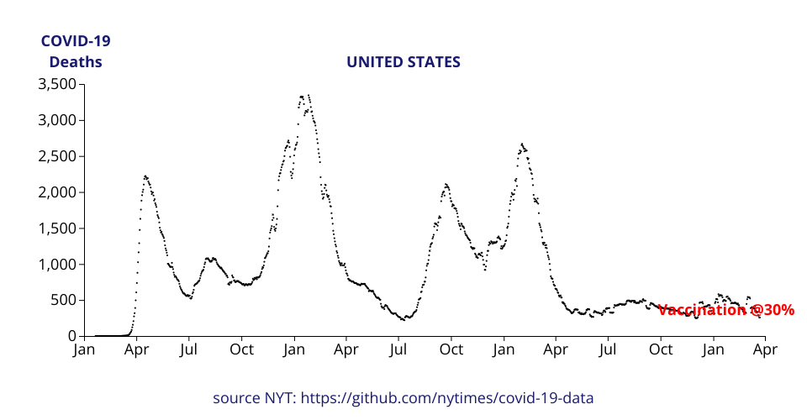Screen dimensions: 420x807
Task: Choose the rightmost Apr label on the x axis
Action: tap(765, 349)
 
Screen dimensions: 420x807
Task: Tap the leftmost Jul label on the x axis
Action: tap(189, 349)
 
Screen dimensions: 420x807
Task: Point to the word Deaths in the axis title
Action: tap(76, 62)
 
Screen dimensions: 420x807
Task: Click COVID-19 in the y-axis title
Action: tap(76, 41)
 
